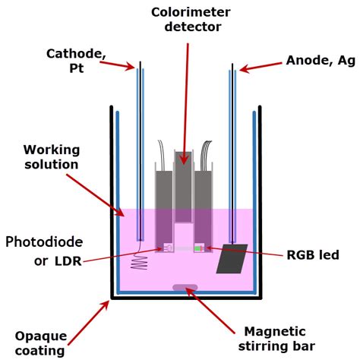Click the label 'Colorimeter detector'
click(191, 20)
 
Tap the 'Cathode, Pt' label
click(76, 61)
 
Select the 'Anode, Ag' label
click(321, 61)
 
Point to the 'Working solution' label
click(52, 157)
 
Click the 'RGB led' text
click(313, 254)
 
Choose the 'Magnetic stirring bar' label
click(276, 339)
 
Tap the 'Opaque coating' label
click(40, 343)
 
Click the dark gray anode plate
click(232, 259)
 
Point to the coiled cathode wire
click(140, 260)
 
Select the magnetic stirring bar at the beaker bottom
click(185, 287)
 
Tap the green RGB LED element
click(197, 248)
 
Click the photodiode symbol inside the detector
click(169, 248)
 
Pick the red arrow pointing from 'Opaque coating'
click(89, 322)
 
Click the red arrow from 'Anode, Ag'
click(261, 67)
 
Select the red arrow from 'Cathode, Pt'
click(117, 65)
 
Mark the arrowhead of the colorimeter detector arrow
click(185, 159)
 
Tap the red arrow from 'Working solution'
click(96, 195)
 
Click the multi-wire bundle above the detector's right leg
click(206, 156)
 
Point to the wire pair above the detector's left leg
click(161, 156)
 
